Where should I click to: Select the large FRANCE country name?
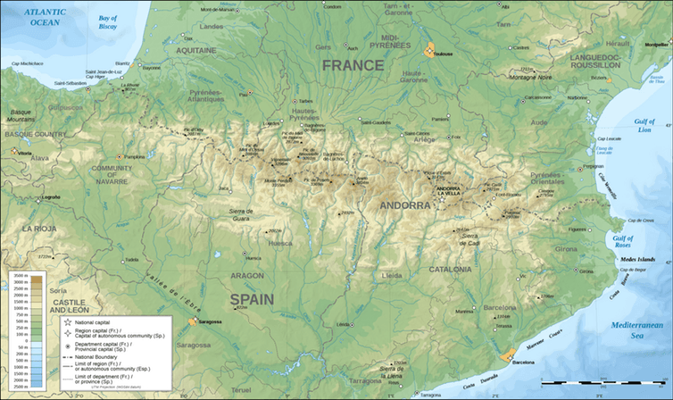[353, 65]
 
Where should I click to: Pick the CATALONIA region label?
[450, 269]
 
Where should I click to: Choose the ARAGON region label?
[247, 276]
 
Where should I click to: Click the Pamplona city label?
[132, 156]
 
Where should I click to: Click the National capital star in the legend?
[69, 320]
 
